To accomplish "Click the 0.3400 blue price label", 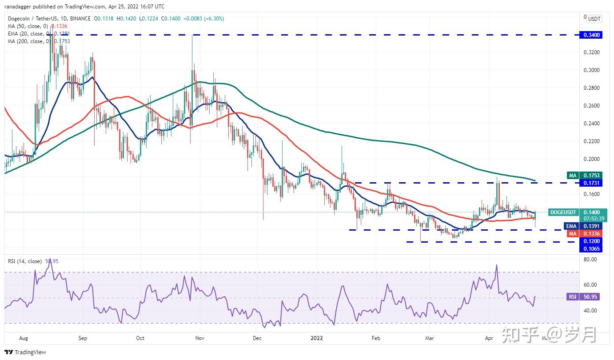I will pyautogui.click(x=591, y=35).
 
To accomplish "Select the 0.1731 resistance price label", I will pyautogui.click(x=591, y=183).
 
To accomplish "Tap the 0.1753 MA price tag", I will pyautogui.click(x=591, y=176).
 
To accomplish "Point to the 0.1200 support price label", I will pyautogui.click(x=591, y=241).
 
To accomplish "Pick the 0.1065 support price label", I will pyautogui.click(x=591, y=249).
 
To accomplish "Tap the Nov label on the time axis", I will pyautogui.click(x=199, y=338).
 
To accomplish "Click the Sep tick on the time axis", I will pyautogui.click(x=83, y=338).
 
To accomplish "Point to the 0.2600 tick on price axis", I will pyautogui.click(x=591, y=106).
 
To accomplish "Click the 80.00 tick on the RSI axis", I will pyautogui.click(x=590, y=260).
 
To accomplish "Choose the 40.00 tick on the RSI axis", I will pyautogui.click(x=590, y=311).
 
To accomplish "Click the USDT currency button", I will pyautogui.click(x=594, y=19).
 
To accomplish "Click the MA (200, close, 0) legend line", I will pyautogui.click(x=37, y=41).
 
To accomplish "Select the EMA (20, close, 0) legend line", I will pyautogui.click(x=38, y=34).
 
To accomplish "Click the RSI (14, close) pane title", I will pyautogui.click(x=25, y=261).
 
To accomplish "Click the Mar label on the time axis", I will pyautogui.click(x=430, y=338).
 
